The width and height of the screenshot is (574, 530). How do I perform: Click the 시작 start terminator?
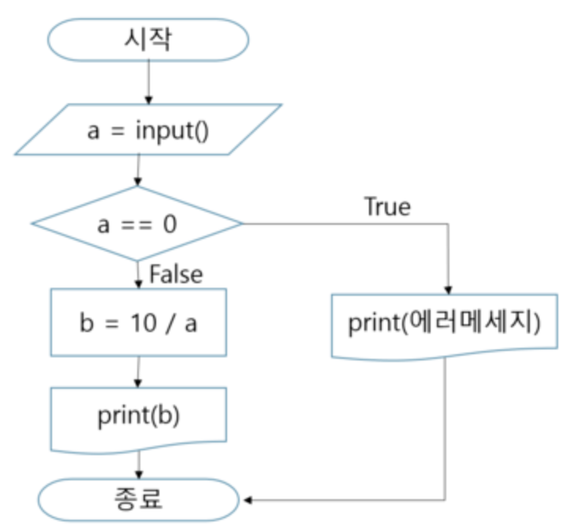[x=147, y=39]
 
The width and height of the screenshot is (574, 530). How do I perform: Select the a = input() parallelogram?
[x=147, y=129]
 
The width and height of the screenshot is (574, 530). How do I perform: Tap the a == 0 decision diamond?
[x=138, y=224]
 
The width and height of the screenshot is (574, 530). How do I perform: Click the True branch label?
[x=386, y=207]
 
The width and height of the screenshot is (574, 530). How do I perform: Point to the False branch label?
[x=176, y=274]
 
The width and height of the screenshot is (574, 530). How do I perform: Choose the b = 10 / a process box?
[x=138, y=322]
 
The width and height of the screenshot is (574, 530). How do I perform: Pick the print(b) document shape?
[x=138, y=417]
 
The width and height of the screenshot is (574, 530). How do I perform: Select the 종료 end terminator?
[x=138, y=498]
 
